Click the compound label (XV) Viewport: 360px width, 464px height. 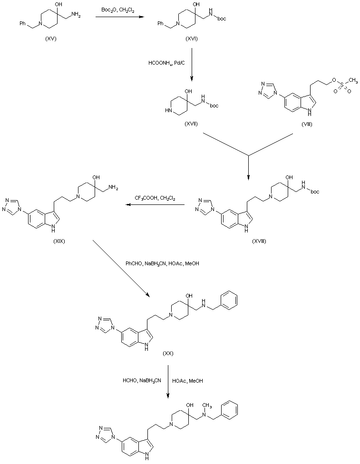pyautogui.click(x=50, y=39)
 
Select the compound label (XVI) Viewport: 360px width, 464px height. pyautogui.click(x=191, y=39)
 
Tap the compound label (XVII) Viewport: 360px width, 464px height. pyautogui.click(x=191, y=124)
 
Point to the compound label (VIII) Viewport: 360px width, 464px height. pyautogui.click(x=307, y=124)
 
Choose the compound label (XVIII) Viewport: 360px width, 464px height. pyautogui.click(x=259, y=241)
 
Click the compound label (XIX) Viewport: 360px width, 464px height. pyautogui.click(x=59, y=241)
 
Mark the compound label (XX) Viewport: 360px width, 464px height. pyautogui.click(x=168, y=353)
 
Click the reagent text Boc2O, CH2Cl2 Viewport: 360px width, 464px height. pyautogui.click(x=118, y=10)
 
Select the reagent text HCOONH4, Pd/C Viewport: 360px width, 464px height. pyautogui.click(x=166, y=63)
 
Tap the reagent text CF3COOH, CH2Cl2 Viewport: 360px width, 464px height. pyautogui.click(x=155, y=198)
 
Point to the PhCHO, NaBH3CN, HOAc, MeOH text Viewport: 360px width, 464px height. pyautogui.click(x=162, y=263)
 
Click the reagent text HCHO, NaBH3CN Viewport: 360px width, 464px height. pyautogui.click(x=142, y=380)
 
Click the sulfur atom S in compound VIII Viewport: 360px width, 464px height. pyautogui.click(x=342, y=85)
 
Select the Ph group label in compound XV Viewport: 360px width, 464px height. pyautogui.click(x=22, y=23)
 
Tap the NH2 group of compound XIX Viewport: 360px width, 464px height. pyautogui.click(x=113, y=188)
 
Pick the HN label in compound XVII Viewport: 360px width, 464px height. pyautogui.click(x=168, y=110)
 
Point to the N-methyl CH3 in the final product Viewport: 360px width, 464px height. pyautogui.click(x=207, y=405)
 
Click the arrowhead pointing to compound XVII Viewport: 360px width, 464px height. pyautogui.click(x=192, y=79)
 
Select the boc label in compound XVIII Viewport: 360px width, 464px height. pyautogui.click(x=315, y=192)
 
